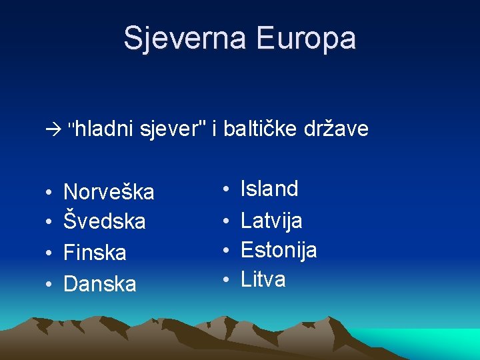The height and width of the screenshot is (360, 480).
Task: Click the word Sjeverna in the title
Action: click(186, 38)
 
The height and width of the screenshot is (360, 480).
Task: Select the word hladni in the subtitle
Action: click(103, 128)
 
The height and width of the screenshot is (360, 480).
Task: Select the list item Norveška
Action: click(109, 193)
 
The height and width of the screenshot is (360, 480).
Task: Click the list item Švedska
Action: click(104, 221)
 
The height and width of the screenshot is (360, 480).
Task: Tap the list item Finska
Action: click(95, 253)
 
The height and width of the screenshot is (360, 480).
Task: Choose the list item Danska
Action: click(99, 284)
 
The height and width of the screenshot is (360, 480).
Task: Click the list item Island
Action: click(269, 189)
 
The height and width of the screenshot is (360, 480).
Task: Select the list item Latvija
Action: click(271, 220)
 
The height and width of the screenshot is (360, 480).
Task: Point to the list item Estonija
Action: click(279, 250)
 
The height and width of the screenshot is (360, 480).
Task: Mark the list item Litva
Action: click(263, 279)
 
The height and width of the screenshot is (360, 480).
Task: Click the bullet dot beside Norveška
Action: click(49, 193)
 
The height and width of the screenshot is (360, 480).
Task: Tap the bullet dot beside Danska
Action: click(49, 285)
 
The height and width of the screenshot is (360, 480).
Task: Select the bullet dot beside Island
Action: click(227, 189)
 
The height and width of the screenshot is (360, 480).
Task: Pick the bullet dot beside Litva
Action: click(227, 280)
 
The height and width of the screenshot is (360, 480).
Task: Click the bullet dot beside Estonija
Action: click(227, 251)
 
